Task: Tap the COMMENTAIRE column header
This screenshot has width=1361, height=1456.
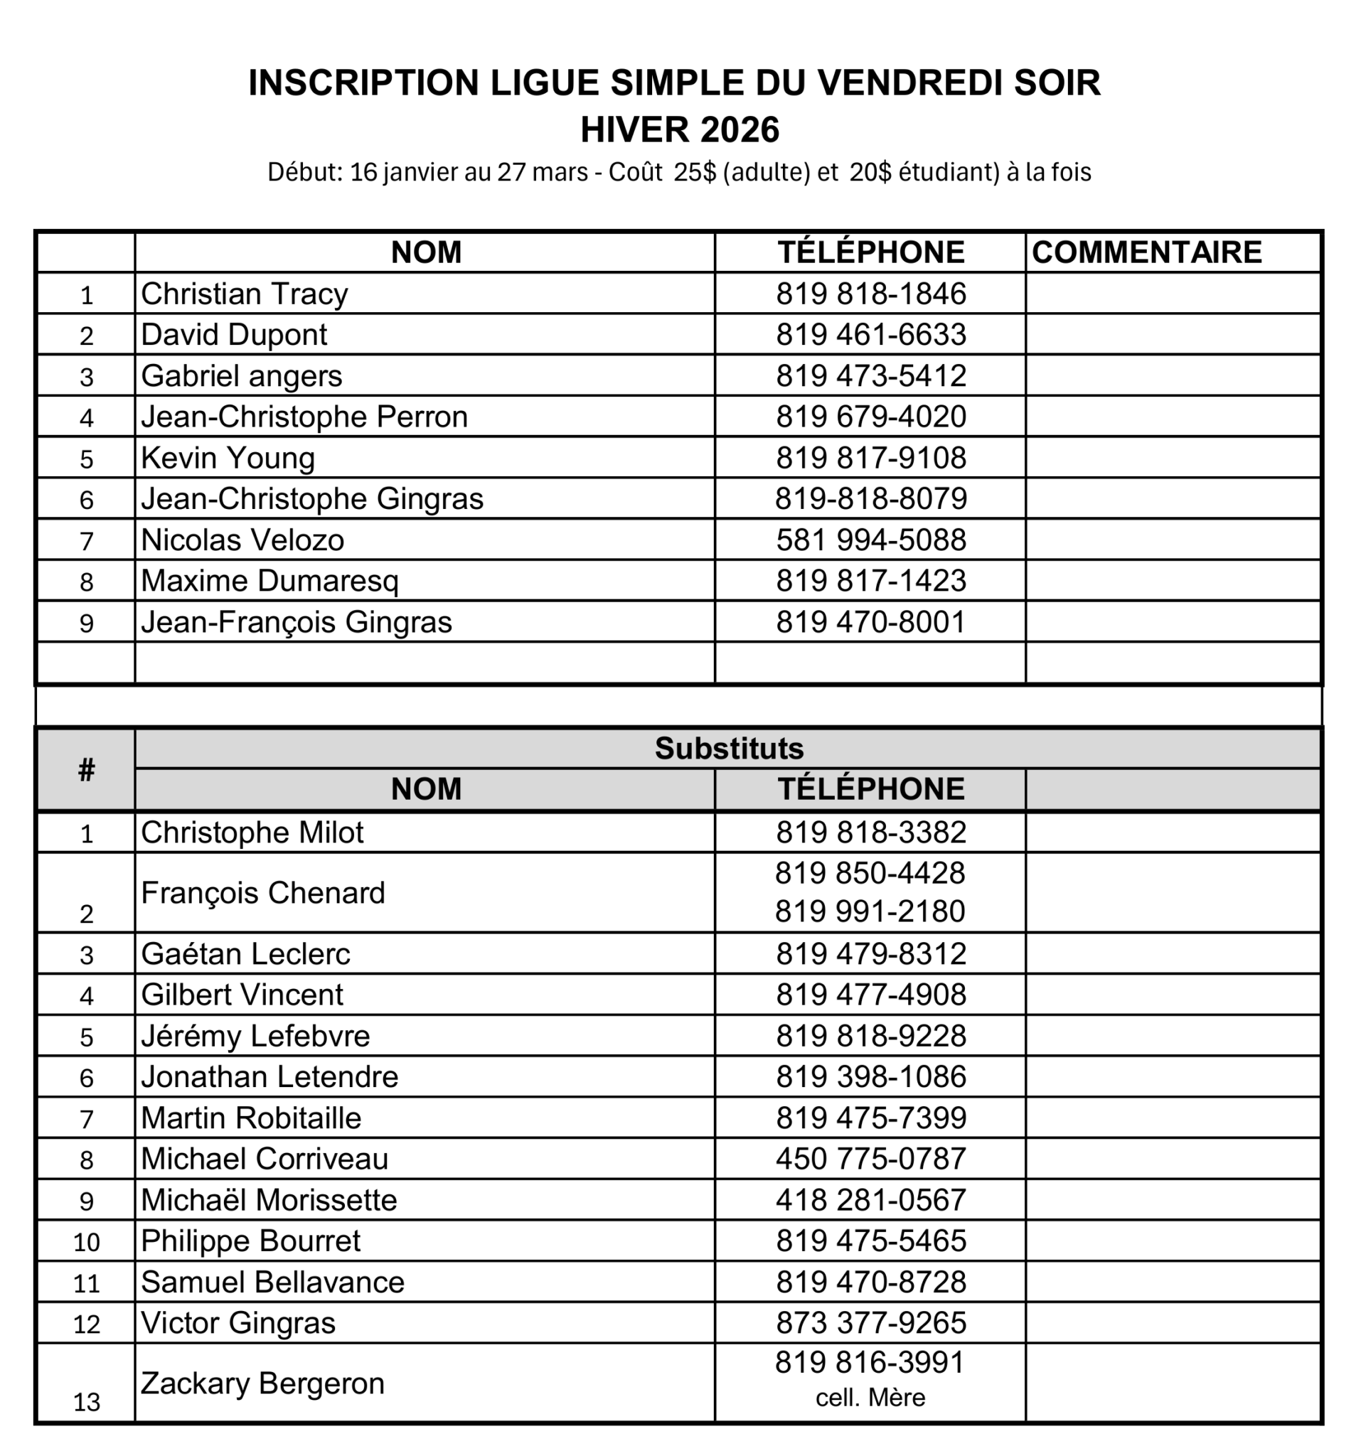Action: [1146, 252]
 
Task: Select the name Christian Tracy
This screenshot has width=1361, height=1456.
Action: [244, 294]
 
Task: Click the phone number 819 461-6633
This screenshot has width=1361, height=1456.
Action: [871, 335]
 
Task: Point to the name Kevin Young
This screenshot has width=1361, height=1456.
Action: [228, 458]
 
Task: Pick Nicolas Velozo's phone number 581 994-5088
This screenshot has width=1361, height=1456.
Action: [871, 540]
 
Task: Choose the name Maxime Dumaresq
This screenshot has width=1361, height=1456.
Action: [269, 581]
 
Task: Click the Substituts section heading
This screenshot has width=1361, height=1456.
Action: [729, 749]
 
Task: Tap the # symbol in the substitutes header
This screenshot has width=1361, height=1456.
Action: [87, 770]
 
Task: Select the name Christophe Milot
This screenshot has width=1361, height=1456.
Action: [252, 833]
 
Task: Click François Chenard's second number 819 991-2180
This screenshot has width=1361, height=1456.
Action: [870, 912]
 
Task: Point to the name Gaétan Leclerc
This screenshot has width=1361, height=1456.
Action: [245, 954]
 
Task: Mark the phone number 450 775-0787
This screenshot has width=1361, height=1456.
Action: [871, 1160]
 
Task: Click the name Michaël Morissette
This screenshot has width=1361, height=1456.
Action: [269, 1200]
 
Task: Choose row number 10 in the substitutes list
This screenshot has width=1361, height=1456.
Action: [87, 1242]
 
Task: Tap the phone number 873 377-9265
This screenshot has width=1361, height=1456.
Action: [871, 1324]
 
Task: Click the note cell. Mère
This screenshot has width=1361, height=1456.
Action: [870, 1398]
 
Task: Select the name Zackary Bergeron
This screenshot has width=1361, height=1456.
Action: [262, 1383]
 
